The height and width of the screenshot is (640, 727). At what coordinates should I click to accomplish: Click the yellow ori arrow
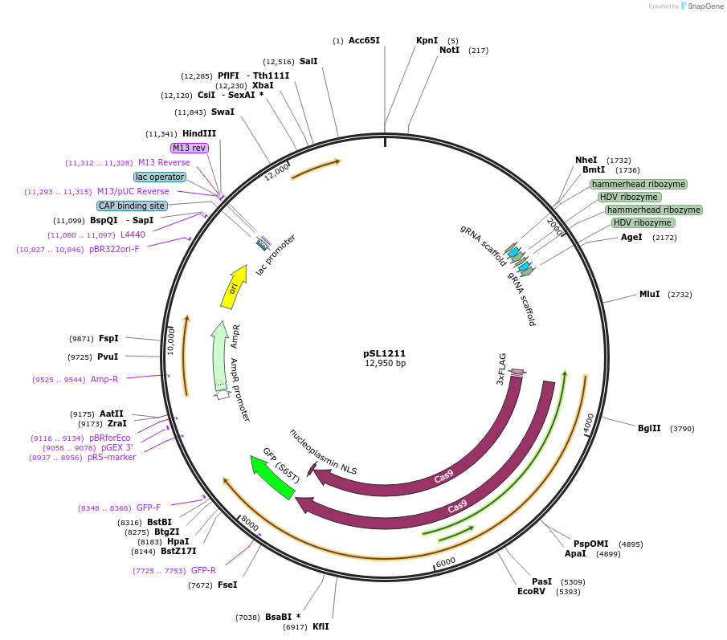pyautogui.click(x=233, y=287)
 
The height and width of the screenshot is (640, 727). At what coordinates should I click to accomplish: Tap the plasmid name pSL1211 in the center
pyautogui.click(x=385, y=353)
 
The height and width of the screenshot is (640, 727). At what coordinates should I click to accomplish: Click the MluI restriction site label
pyautogui.click(x=649, y=294)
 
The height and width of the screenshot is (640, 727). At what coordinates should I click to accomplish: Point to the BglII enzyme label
pyautogui.click(x=649, y=428)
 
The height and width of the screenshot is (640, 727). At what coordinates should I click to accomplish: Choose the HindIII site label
pyautogui.click(x=198, y=134)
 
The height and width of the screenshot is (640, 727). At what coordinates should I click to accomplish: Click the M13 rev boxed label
pyautogui.click(x=190, y=148)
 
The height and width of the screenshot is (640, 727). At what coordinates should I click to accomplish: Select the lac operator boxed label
pyautogui.click(x=160, y=177)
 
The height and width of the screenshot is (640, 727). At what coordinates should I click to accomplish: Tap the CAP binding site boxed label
pyautogui.click(x=132, y=206)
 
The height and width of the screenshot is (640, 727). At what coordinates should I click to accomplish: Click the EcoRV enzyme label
pyautogui.click(x=532, y=592)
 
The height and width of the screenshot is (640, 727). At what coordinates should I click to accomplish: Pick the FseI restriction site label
pyautogui.click(x=227, y=585)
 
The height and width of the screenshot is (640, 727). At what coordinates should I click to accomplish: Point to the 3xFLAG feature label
pyautogui.click(x=502, y=369)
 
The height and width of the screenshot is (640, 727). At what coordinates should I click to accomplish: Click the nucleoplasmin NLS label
pyautogui.click(x=323, y=451)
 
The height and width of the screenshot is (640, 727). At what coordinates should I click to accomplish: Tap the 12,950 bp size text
pyautogui.click(x=385, y=364)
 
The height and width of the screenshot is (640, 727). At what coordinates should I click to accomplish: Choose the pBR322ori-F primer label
pyautogui.click(x=114, y=250)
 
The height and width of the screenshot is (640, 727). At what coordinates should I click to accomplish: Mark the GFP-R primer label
pyautogui.click(x=203, y=570)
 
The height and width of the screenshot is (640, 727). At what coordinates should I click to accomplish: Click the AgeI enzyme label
pyautogui.click(x=631, y=238)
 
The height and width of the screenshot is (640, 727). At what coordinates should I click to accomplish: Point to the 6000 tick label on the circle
pyautogui.click(x=445, y=561)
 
